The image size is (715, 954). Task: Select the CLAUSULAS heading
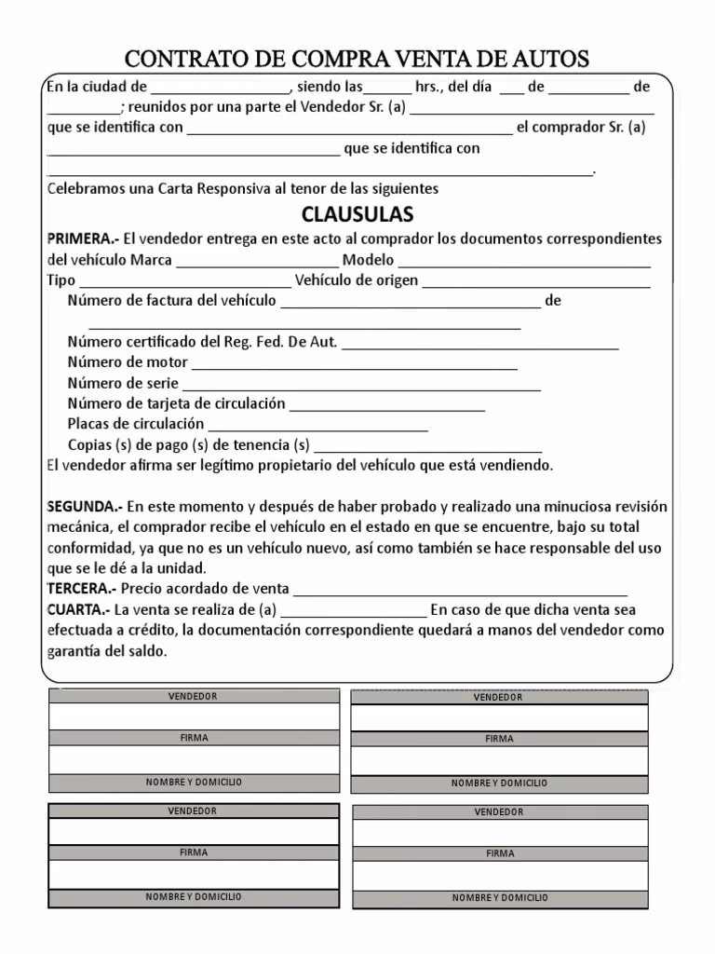tap(357, 214)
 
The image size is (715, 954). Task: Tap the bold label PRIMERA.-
tap(83, 238)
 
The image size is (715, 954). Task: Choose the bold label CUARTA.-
tap(78, 609)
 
